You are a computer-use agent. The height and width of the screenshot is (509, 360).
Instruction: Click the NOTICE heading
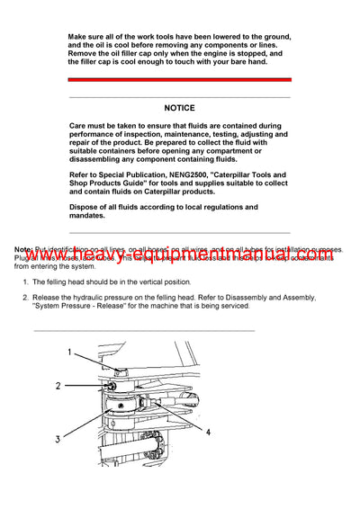[x=179, y=108]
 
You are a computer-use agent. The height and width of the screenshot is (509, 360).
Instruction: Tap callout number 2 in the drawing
[x=58, y=386]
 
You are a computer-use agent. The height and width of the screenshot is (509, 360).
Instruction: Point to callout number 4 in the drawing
[x=208, y=433]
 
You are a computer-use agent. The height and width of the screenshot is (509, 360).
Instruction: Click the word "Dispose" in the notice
[x=85, y=207]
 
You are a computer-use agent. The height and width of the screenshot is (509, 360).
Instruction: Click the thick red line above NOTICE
[x=179, y=78]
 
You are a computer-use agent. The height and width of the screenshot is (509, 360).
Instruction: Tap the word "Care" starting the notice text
[x=79, y=127]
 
